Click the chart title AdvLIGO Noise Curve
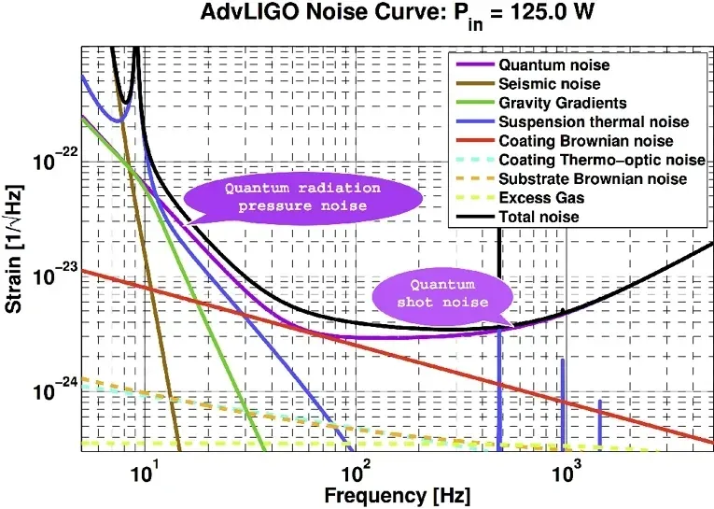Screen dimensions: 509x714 tap(383, 16)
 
